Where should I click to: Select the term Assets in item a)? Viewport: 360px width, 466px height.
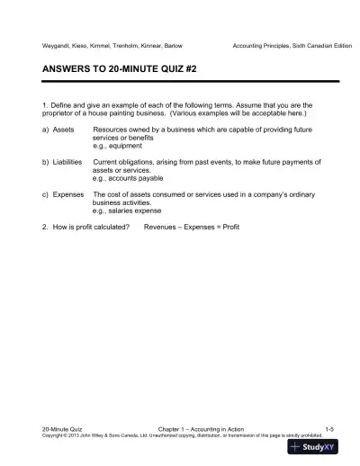[x=64, y=130]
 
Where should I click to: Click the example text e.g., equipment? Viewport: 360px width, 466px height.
[x=118, y=144]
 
